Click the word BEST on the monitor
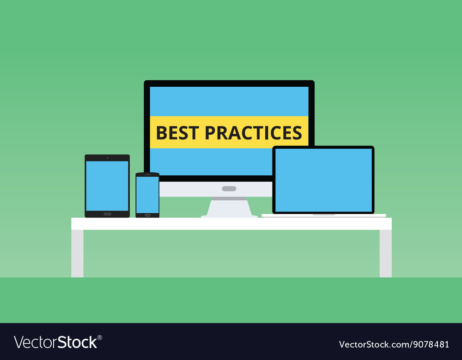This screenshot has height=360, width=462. click(x=178, y=133)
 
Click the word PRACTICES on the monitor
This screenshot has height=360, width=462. click(x=253, y=133)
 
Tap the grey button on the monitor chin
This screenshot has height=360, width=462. click(x=229, y=189)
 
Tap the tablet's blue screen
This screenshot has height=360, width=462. click(x=107, y=186)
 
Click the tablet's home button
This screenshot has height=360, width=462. click(x=107, y=214)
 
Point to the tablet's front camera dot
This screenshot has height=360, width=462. click(x=107, y=158)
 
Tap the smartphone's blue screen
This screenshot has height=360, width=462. click(x=147, y=195)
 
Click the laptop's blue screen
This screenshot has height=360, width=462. click(x=323, y=180)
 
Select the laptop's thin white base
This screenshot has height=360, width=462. click(x=324, y=216)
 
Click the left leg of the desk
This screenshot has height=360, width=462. click(x=77, y=253)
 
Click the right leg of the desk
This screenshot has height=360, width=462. click(x=385, y=253)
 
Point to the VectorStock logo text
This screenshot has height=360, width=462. click(x=56, y=342)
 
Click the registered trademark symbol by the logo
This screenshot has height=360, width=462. click(x=100, y=338)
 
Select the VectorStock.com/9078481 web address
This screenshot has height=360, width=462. click(x=394, y=344)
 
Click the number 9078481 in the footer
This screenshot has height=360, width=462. click(x=431, y=344)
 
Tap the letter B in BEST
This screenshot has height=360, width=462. click(x=161, y=133)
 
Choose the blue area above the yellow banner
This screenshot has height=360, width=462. click(x=229, y=101)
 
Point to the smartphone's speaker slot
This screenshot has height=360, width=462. click(x=147, y=174)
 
